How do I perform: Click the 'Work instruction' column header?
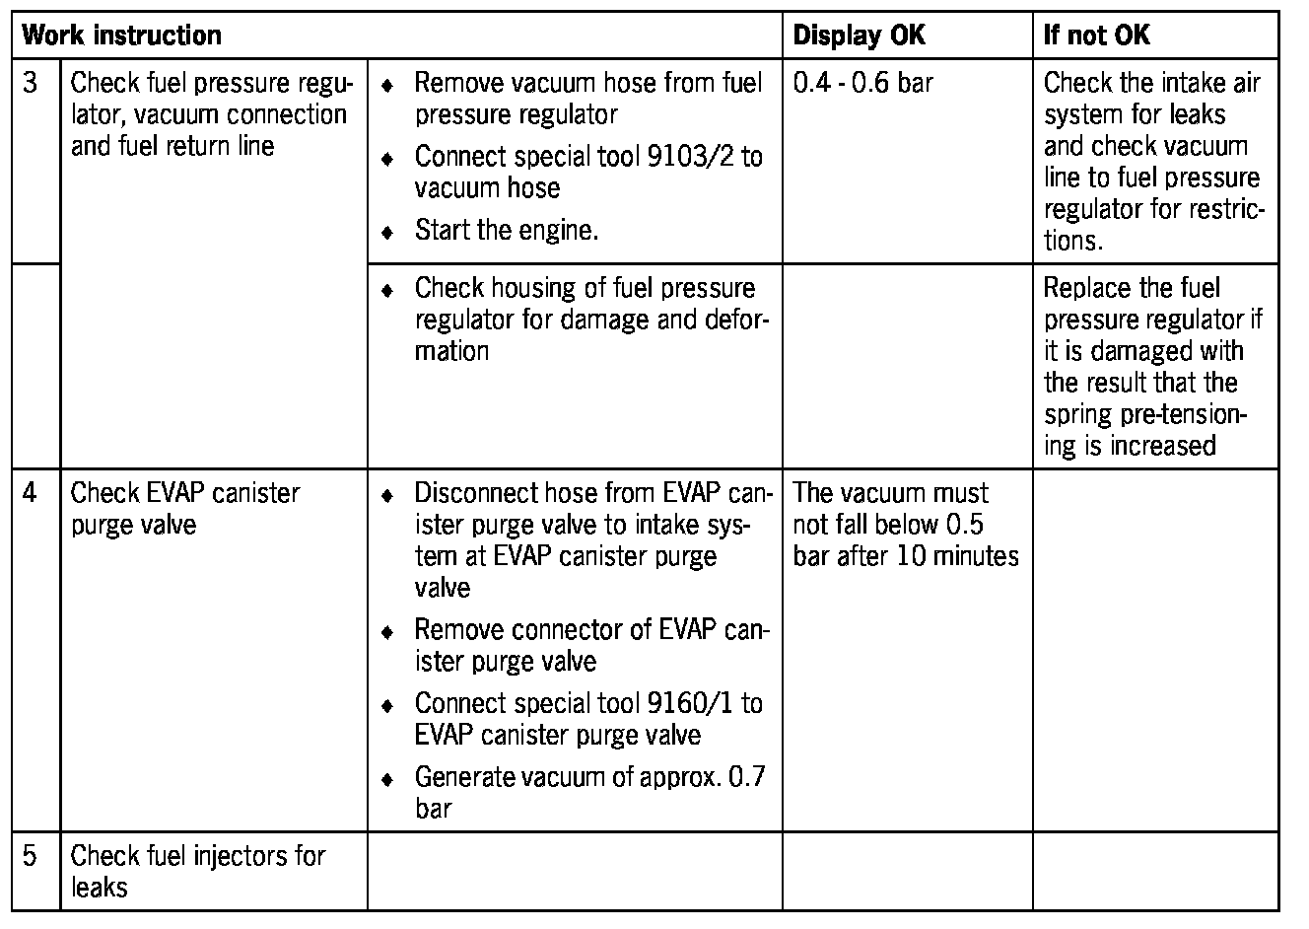pos(121,36)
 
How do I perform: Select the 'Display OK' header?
pos(859,36)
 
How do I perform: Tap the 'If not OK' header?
pos(1096,36)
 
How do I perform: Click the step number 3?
pos(31,83)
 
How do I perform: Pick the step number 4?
pos(31,492)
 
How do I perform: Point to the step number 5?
pos(31,855)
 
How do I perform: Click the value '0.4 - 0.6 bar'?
pos(862,83)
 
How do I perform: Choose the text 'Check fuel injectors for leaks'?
pos(197,871)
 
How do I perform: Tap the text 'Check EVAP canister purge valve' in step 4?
pos(185,508)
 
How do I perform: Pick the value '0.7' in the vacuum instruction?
pos(746,777)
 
